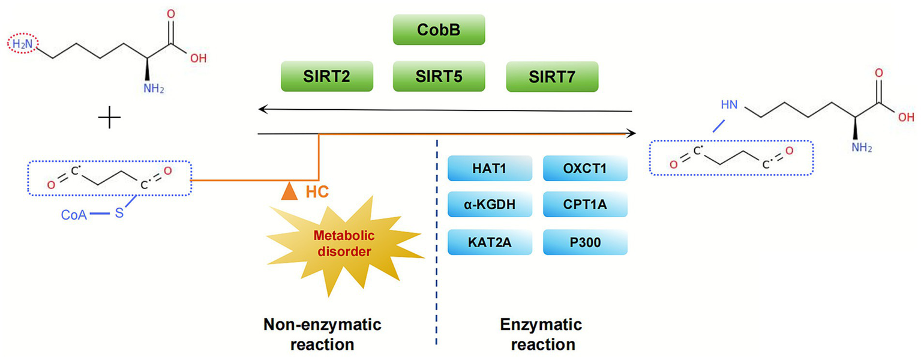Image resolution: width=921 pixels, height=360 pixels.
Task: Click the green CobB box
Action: (439, 29)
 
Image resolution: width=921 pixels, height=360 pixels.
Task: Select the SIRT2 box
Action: (327, 76)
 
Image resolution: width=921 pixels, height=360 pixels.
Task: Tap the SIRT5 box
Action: (439, 76)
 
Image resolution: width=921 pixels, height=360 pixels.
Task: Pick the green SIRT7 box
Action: (552, 76)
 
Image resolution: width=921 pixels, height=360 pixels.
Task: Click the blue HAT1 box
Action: (490, 169)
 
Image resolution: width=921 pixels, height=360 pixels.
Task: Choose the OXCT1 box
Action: (585, 169)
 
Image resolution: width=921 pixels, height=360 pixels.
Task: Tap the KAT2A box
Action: (490, 243)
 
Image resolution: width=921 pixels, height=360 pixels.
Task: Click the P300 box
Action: (585, 243)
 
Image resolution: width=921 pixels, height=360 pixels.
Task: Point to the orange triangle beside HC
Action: (290, 191)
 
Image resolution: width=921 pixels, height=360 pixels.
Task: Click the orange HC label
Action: (316, 192)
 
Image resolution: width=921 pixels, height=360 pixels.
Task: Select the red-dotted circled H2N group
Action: (22, 44)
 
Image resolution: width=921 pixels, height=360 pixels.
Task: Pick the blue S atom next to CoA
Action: (119, 212)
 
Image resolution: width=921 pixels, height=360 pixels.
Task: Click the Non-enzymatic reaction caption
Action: (323, 335)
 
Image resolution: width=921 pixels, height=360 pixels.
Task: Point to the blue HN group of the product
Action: (729, 105)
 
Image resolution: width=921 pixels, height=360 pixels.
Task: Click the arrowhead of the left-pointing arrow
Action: (262, 109)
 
